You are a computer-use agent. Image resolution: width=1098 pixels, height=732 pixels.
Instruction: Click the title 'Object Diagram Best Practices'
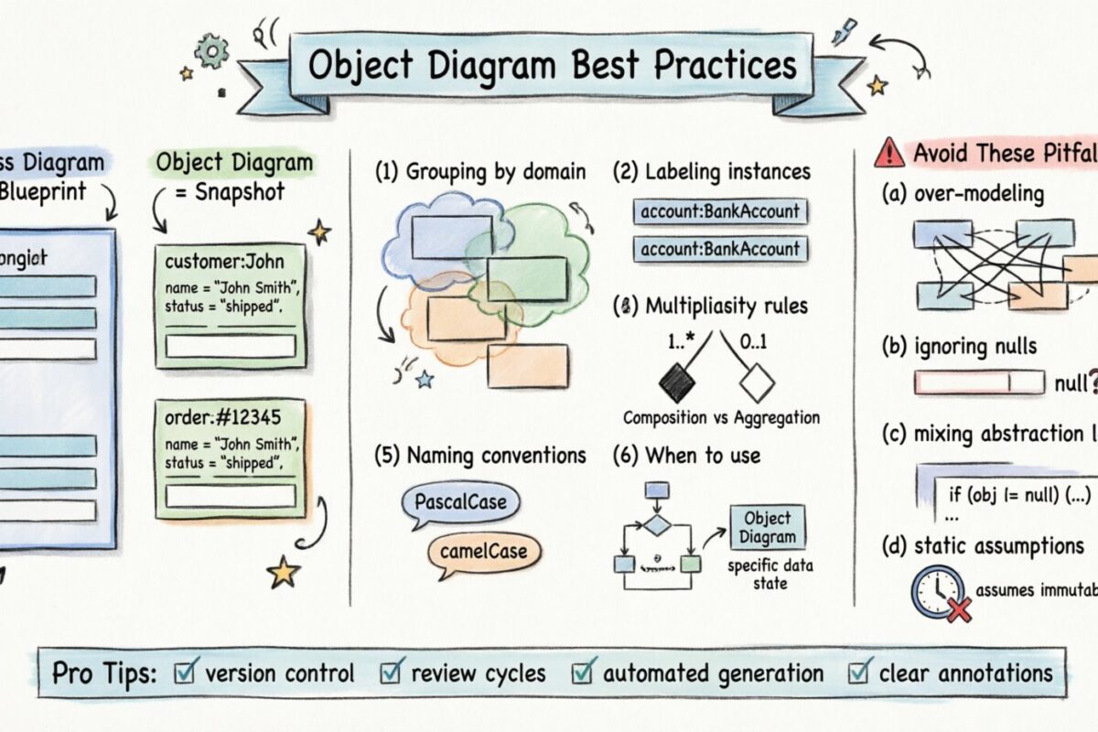pos(552,66)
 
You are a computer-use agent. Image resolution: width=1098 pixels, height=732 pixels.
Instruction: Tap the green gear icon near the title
pos(210,52)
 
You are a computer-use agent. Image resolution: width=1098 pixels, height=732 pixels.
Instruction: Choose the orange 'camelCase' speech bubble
pos(483,551)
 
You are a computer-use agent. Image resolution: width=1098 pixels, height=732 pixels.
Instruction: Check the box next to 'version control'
pos(184,673)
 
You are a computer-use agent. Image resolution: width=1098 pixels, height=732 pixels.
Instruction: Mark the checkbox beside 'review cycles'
pos(391,673)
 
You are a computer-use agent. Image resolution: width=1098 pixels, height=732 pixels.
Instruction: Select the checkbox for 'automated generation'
pos(582,673)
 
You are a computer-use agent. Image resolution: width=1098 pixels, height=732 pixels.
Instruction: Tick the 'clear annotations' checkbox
pos(858,673)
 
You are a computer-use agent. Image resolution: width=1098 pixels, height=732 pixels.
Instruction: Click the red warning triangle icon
pos(888,153)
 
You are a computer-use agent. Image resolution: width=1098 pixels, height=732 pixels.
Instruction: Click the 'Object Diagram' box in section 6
pos(768,527)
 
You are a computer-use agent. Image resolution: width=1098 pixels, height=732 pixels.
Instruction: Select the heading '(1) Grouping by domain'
pos(480,171)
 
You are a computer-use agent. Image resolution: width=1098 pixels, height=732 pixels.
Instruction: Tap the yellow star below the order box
pos(284,573)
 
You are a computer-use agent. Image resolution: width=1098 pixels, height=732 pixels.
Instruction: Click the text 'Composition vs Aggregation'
pos(721,417)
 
